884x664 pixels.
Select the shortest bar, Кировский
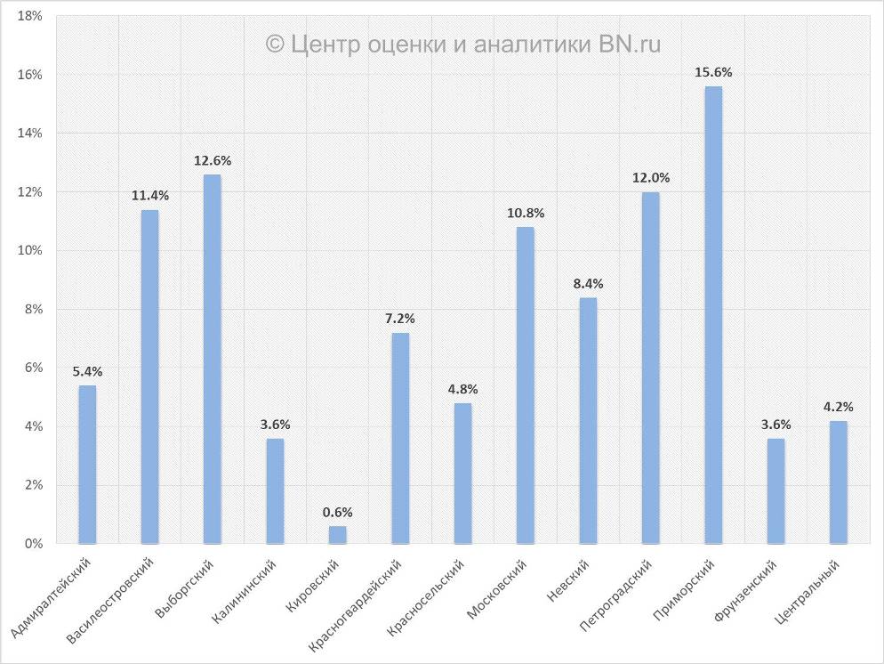pyautogui.click(x=337, y=534)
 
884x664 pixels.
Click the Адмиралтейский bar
pyautogui.click(x=87, y=464)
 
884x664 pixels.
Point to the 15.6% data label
pyautogui.click(x=713, y=72)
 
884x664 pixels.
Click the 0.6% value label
pyautogui.click(x=337, y=512)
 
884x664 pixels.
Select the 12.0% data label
pyautogui.click(x=651, y=177)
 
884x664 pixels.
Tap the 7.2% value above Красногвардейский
pyautogui.click(x=400, y=318)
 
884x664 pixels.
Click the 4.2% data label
pyautogui.click(x=838, y=407)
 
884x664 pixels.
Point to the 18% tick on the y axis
pyautogui.click(x=30, y=16)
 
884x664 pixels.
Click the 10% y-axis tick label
pyautogui.click(x=30, y=250)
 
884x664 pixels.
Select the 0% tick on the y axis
pyautogui.click(x=34, y=543)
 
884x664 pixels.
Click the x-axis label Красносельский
pyautogui.click(x=428, y=597)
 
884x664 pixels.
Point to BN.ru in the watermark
pyautogui.click(x=629, y=44)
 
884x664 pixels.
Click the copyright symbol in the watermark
pyautogui.click(x=276, y=44)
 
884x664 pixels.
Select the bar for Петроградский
pyautogui.click(x=651, y=368)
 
